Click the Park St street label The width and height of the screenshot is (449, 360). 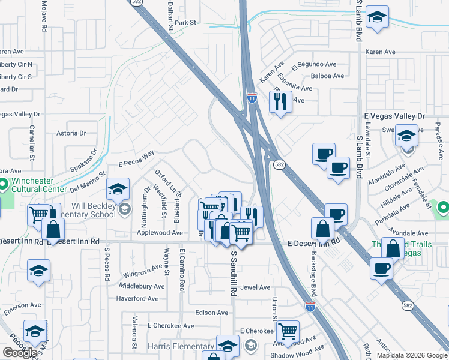[185, 23]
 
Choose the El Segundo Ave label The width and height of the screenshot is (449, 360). [313, 64]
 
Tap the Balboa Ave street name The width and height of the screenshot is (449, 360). [327, 76]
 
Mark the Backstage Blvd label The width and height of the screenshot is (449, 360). [313, 272]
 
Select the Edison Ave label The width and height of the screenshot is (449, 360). [211, 313]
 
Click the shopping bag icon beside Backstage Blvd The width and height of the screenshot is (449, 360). [323, 228]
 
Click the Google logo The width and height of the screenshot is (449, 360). [20, 353]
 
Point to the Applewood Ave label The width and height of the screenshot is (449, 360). [160, 233]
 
